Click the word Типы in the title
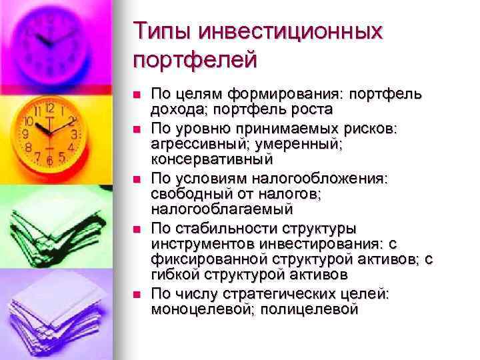click(x=160, y=31)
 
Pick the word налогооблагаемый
click(x=222, y=209)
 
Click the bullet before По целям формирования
click(x=137, y=94)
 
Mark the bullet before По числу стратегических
click(x=137, y=294)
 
